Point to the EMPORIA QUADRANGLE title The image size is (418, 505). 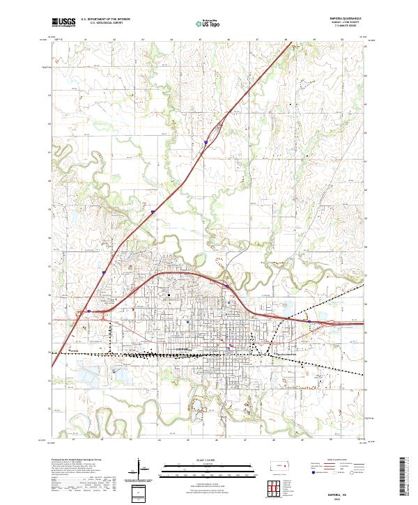click(x=341, y=19)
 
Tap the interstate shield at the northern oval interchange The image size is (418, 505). click(x=206, y=143)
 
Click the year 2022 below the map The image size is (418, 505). click(x=341, y=497)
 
